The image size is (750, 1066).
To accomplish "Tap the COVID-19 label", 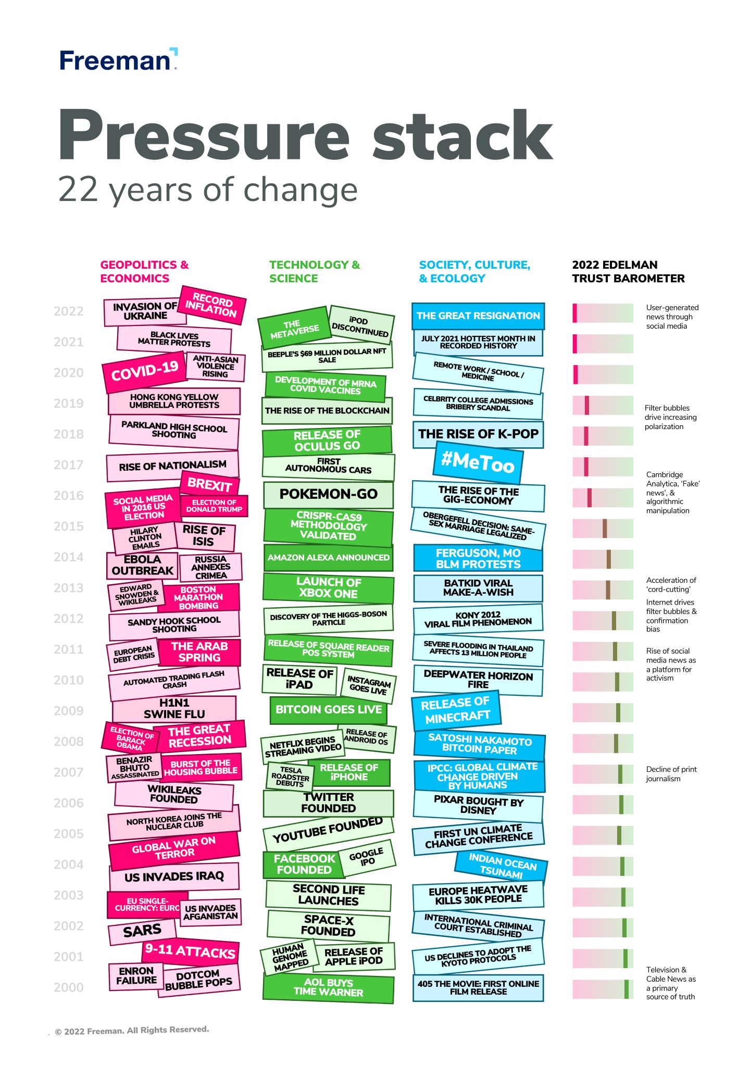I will [144, 371].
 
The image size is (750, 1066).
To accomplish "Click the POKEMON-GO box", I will [328, 494].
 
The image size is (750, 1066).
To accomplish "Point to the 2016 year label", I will [68, 496].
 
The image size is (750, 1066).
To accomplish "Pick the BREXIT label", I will [209, 484].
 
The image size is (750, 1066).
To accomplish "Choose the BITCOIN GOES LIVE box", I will [328, 710].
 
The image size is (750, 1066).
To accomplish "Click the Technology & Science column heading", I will [314, 271].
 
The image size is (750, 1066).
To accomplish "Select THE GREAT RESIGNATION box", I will [478, 316].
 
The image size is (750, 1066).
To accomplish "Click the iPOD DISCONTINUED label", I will [360, 326].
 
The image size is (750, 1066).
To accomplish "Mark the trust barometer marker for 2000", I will [627, 989].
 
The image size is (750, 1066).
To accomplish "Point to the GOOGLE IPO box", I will [367, 857].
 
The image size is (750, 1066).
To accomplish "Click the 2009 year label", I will [68, 711].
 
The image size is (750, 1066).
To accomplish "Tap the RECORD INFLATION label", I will [211, 305].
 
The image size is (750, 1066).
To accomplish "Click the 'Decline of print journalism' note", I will [671, 774].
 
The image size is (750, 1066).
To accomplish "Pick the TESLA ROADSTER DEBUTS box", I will [290, 776].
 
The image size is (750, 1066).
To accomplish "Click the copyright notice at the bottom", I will [132, 1030].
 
